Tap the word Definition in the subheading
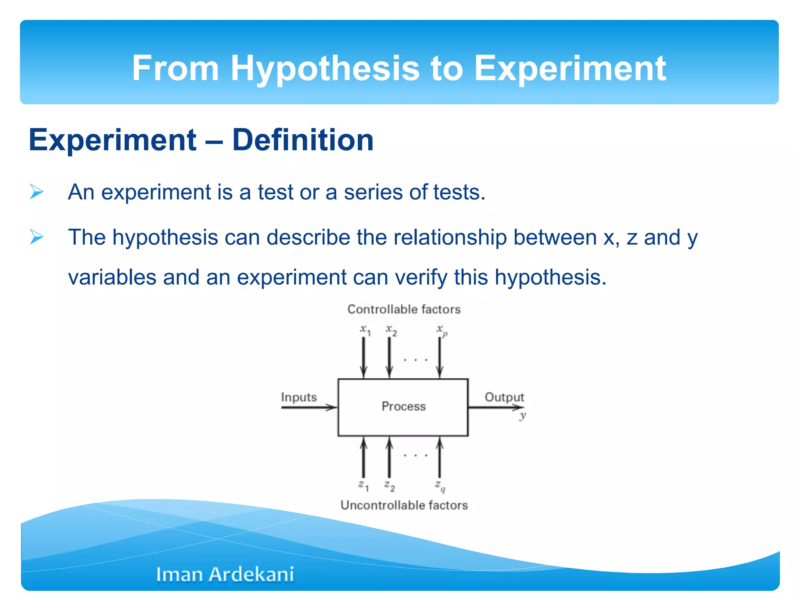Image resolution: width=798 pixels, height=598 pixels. tap(303, 140)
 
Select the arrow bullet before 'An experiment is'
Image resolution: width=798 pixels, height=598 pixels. tap(37, 192)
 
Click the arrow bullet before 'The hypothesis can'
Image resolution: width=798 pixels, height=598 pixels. tap(37, 237)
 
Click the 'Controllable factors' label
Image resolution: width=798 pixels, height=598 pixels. tap(404, 310)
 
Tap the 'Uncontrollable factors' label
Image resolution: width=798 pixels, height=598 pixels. tap(404, 505)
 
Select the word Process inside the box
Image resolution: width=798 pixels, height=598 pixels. tap(403, 406)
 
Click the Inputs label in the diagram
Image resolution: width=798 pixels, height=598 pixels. tap(299, 397)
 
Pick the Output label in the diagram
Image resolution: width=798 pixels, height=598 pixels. tap(504, 397)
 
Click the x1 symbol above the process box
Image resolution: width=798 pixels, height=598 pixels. tap(365, 330)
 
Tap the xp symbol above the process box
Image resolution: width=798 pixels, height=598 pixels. tap(441, 331)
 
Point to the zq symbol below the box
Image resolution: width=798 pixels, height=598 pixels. tap(440, 486)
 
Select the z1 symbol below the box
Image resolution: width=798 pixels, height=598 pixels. tap(363, 485)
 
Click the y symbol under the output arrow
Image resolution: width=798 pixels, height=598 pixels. tap(523, 416)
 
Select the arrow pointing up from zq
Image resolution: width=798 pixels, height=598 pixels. tap(440, 457)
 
